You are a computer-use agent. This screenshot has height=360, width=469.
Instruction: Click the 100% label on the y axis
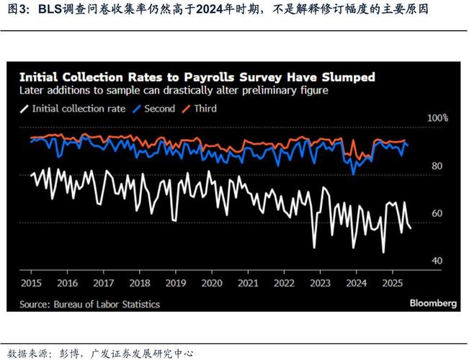437,118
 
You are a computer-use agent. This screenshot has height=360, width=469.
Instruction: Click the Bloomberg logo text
433,304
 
